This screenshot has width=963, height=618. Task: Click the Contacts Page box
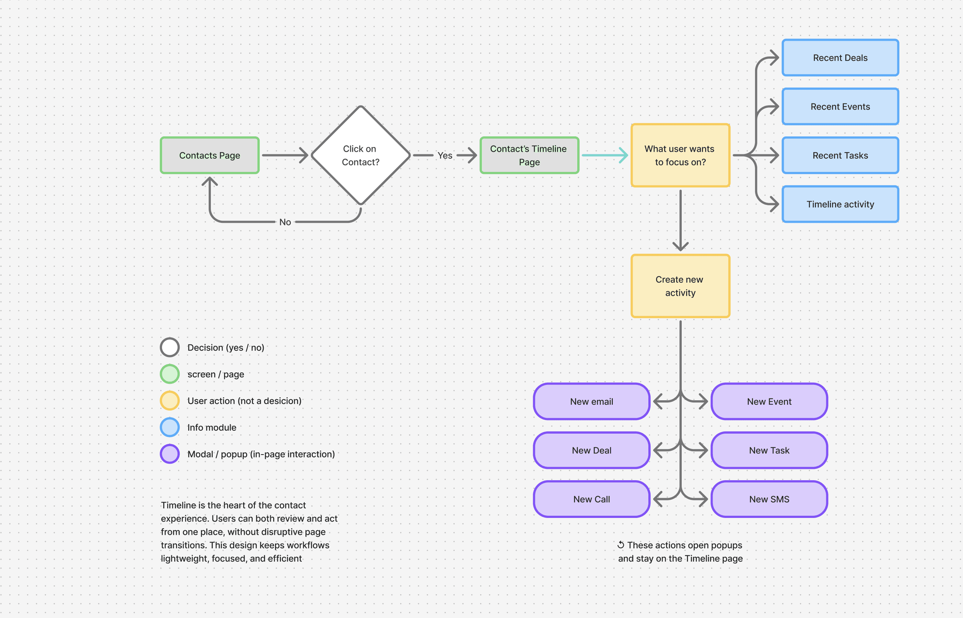click(x=209, y=155)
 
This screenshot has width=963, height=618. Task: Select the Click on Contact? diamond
click(x=360, y=155)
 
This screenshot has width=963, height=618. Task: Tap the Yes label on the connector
click(x=445, y=155)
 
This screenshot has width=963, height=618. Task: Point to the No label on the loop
click(x=285, y=222)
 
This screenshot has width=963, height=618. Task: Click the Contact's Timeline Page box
click(x=529, y=155)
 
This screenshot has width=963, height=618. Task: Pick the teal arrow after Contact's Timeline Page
click(x=605, y=155)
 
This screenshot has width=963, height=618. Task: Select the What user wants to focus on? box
click(x=680, y=155)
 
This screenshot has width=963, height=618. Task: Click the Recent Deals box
click(x=840, y=58)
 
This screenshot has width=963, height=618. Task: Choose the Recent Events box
click(x=840, y=106)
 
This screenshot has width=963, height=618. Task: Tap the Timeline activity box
click(x=840, y=204)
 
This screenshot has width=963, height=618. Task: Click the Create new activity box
click(x=680, y=286)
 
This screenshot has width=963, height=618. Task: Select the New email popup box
click(x=592, y=401)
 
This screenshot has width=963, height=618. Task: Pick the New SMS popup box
click(x=769, y=499)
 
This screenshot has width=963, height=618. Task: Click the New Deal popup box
click(x=592, y=450)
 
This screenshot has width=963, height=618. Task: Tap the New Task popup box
click(x=769, y=450)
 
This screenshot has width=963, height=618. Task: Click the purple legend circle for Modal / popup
click(x=170, y=454)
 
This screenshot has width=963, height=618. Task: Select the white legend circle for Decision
click(x=170, y=347)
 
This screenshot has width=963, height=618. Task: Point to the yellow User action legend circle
click(x=170, y=401)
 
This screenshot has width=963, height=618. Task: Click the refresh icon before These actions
click(x=620, y=545)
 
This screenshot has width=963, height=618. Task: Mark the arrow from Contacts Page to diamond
click(x=285, y=155)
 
